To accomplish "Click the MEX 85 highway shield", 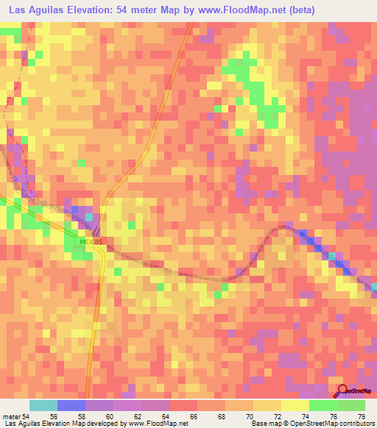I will click(89, 242).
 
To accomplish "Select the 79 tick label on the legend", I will click(360, 415).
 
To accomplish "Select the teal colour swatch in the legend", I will click(43, 405).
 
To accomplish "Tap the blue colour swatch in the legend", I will click(71, 405).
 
